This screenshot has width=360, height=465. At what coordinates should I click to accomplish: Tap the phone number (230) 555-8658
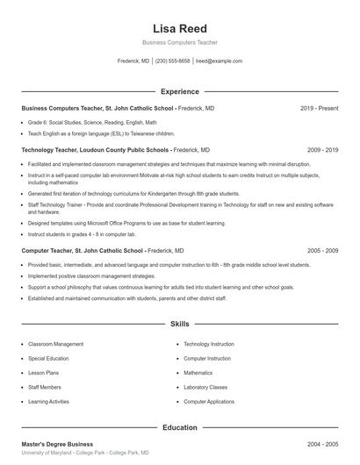tap(173, 61)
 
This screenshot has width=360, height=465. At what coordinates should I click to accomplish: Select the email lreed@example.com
tap(219, 61)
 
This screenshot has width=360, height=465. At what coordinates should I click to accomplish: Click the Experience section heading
tap(179, 91)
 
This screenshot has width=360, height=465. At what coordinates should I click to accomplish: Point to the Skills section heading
tap(179, 324)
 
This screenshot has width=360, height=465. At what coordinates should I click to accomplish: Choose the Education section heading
tap(179, 427)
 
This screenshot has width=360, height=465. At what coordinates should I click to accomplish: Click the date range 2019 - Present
tap(319, 108)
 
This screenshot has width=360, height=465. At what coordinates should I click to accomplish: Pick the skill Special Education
tap(51, 359)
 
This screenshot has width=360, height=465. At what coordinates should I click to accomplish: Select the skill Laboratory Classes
tap(205, 387)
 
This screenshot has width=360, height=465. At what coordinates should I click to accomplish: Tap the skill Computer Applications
tap(209, 401)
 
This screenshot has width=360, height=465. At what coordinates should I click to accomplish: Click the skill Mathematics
tap(198, 373)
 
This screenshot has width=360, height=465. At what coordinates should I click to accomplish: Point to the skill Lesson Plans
tap(44, 373)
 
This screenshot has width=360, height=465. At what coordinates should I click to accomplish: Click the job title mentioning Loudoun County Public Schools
tap(95, 150)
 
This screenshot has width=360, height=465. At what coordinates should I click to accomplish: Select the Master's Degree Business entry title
tap(57, 445)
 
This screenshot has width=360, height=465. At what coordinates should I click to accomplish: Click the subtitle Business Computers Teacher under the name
tap(179, 42)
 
